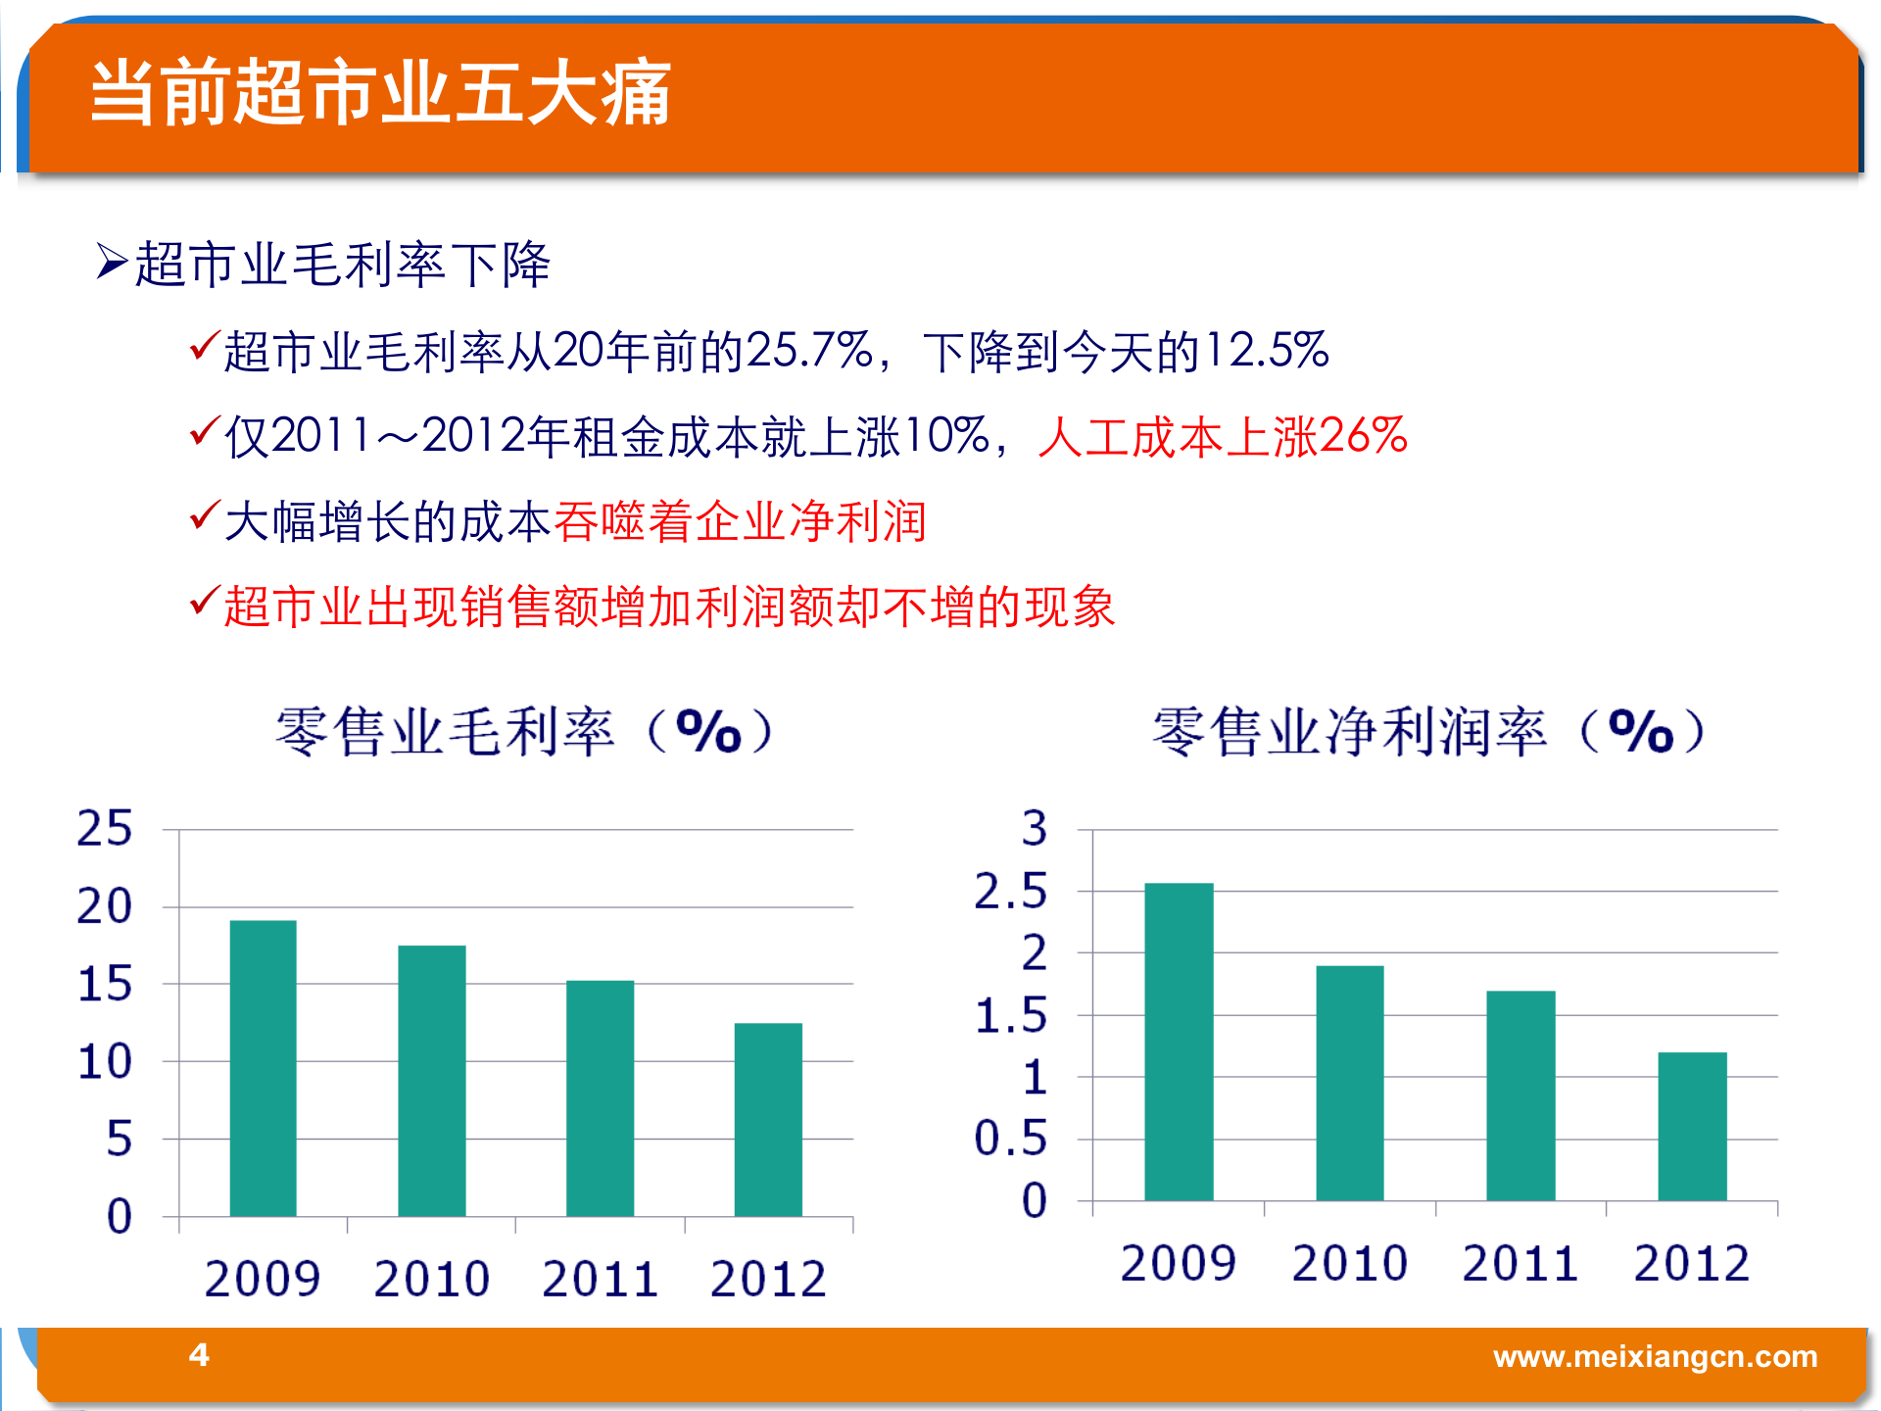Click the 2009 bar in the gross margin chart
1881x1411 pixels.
263,1068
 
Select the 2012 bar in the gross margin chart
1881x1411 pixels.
768,1119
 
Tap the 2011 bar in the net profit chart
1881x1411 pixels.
1520,1095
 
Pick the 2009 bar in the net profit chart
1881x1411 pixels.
1179,1042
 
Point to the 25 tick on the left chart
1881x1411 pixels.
105,829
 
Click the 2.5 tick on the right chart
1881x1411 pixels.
1011,892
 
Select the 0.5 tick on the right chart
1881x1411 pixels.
1011,1139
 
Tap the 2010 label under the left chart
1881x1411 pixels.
431,1279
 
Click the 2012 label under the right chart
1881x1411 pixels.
1691,1263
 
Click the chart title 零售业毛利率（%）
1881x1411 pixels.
525,731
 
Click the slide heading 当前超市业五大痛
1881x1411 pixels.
380,93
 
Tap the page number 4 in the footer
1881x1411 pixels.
199,1354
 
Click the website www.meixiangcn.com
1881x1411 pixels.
1655,1356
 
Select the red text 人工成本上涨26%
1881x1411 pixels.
1222,436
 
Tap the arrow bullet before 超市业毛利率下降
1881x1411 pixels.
112,262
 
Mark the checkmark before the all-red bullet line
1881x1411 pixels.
204,600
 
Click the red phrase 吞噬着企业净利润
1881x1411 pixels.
740,521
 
